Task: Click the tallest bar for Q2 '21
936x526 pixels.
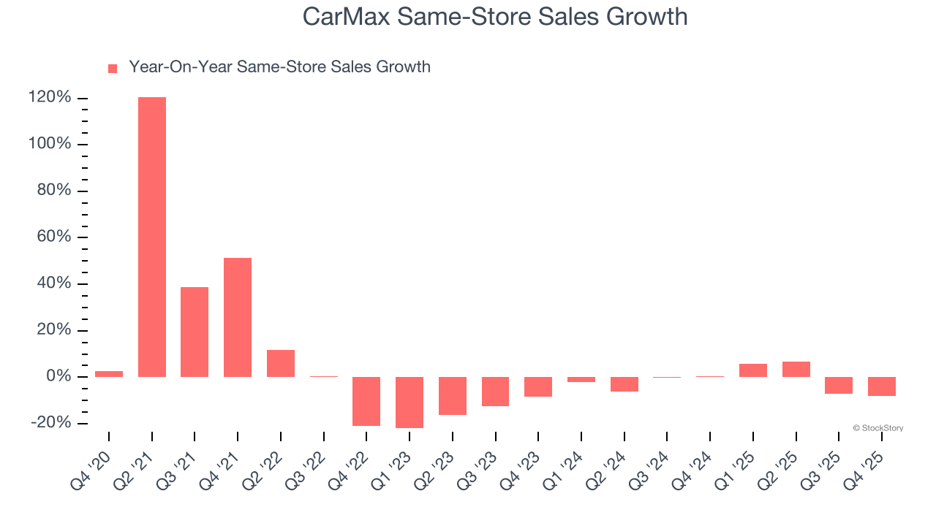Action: (152, 237)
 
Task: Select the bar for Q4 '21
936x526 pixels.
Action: (238, 317)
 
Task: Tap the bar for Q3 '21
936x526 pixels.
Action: (195, 332)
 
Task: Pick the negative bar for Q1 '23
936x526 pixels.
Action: (409, 403)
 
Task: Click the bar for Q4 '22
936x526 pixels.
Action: (366, 401)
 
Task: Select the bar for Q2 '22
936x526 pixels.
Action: (281, 363)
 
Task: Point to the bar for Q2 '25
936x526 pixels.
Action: (796, 369)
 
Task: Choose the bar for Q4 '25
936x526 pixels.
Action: (882, 386)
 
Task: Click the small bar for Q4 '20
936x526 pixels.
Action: (109, 374)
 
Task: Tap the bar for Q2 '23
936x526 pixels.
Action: (453, 396)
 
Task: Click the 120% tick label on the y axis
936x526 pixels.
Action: (50, 98)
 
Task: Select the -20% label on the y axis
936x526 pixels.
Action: (51, 423)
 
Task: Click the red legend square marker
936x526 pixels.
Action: (113, 68)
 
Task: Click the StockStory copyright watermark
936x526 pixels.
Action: (877, 428)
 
